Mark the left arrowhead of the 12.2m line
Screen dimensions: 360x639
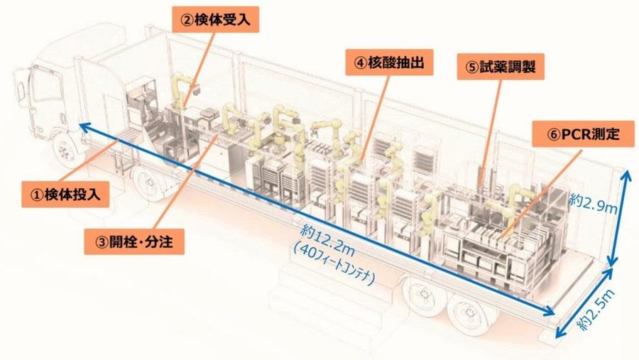[x=82, y=126]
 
